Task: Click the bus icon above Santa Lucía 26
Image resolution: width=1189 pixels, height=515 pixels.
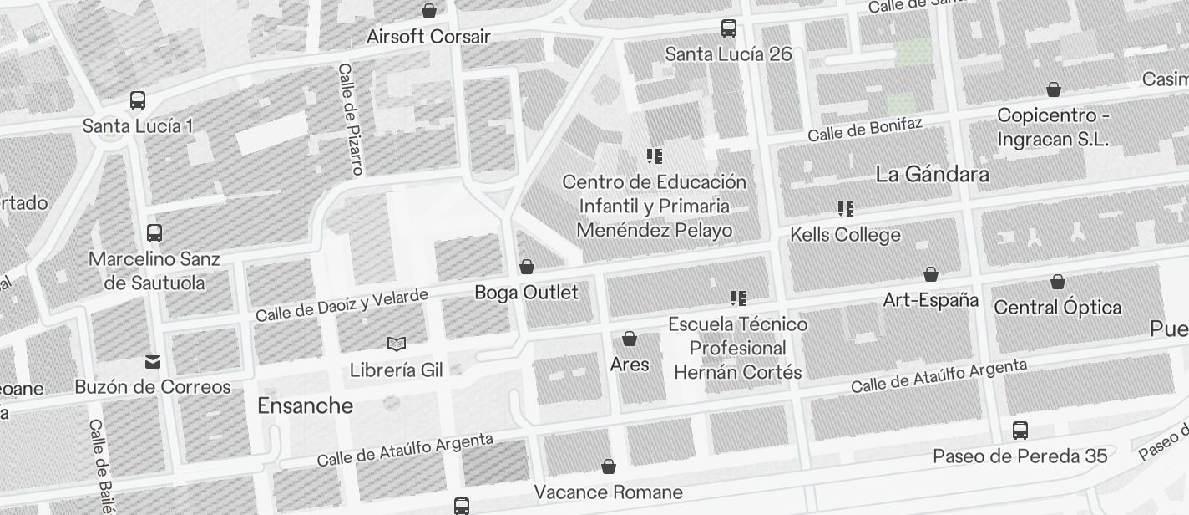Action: tap(729, 28)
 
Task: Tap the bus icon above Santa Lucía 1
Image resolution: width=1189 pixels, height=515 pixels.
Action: tap(138, 100)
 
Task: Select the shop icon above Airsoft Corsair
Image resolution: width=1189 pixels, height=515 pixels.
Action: tap(429, 11)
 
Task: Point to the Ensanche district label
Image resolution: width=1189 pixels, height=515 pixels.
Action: tap(305, 406)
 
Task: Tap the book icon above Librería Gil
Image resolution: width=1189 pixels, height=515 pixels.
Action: tap(397, 344)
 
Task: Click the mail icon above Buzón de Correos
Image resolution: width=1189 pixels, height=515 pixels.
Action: tap(153, 362)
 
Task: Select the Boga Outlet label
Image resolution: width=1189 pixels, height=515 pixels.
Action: tap(526, 293)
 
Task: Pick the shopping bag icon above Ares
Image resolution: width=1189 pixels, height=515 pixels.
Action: tap(630, 339)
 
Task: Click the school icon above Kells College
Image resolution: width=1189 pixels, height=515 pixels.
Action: tap(846, 208)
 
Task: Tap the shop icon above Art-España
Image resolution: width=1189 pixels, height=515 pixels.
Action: tap(931, 274)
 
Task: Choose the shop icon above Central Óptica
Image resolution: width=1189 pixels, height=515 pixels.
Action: tap(1058, 282)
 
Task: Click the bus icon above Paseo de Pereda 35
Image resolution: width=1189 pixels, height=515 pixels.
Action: tap(1020, 431)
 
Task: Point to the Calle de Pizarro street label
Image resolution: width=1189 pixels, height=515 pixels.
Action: tap(351, 120)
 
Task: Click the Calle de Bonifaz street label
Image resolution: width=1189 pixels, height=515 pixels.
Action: tap(864, 130)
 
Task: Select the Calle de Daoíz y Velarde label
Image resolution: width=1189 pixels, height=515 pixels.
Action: tap(342, 305)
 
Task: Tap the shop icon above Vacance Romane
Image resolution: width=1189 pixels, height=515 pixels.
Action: tap(609, 466)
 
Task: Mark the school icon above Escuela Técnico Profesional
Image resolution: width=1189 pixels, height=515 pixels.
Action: tap(738, 298)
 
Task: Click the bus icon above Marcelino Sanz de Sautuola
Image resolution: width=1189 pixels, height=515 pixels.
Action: tap(154, 233)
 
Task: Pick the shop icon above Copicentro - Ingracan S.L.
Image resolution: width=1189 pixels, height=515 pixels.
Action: tap(1054, 89)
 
